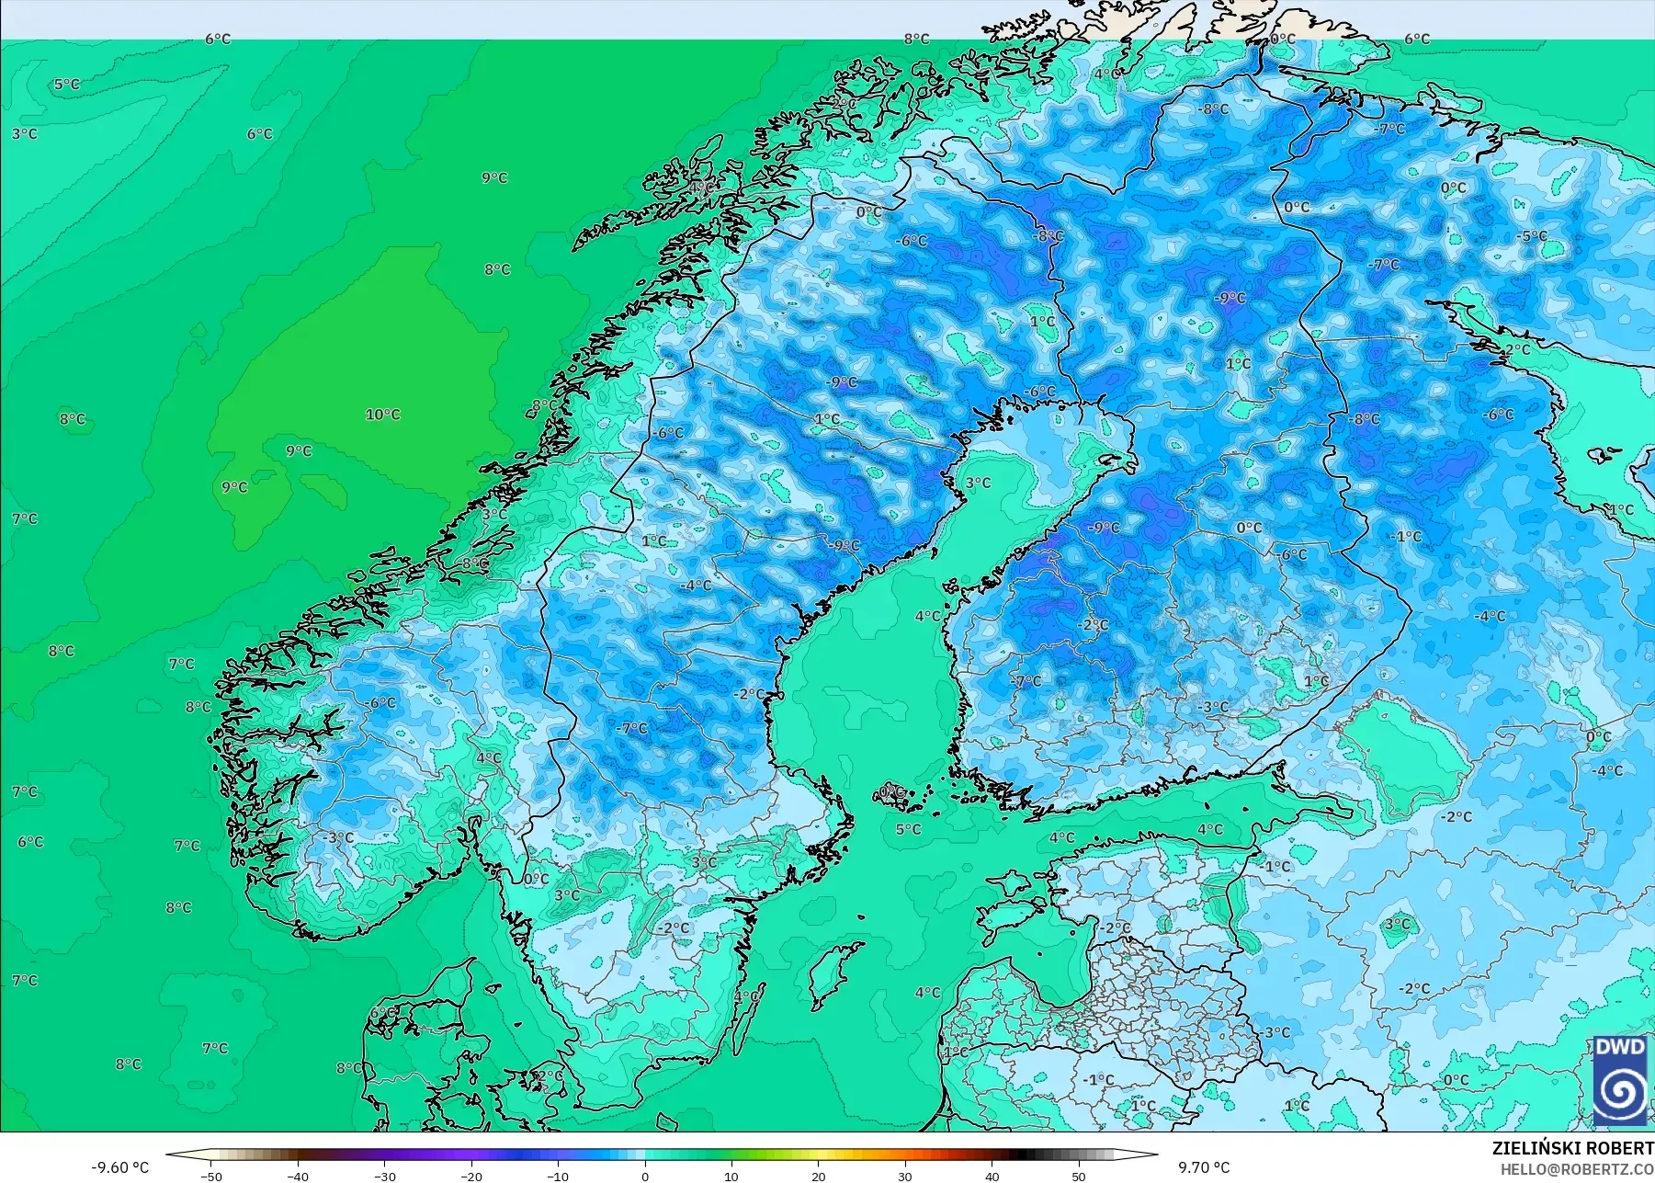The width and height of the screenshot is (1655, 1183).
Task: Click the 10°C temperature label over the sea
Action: pyautogui.click(x=382, y=415)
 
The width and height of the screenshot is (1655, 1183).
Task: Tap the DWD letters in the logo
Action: pyautogui.click(x=1620, y=1047)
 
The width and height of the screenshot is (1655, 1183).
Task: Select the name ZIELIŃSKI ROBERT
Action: pyautogui.click(x=1572, y=1148)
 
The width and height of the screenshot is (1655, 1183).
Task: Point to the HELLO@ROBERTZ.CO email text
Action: pyautogui.click(x=1577, y=1169)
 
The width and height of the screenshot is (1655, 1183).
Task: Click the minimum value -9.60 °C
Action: pyautogui.click(x=119, y=1167)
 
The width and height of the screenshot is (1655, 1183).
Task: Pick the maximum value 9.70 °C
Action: pyautogui.click(x=1204, y=1167)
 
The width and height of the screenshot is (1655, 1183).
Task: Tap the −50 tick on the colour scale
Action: pyautogui.click(x=210, y=1176)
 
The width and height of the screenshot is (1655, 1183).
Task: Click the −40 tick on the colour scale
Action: pyautogui.click(x=298, y=1176)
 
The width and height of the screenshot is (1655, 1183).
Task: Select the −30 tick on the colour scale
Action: pyautogui.click(x=384, y=1176)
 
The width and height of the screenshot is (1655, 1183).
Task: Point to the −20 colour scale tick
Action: pyautogui.click(x=471, y=1176)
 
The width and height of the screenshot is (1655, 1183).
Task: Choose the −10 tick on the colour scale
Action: pyautogui.click(x=558, y=1176)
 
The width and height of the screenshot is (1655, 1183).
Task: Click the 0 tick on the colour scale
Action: pyautogui.click(x=645, y=1176)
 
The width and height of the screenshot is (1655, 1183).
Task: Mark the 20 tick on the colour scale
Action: pyautogui.click(x=819, y=1176)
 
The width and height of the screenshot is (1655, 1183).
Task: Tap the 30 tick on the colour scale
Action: pyautogui.click(x=905, y=1176)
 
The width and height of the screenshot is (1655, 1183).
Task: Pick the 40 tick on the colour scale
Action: pyautogui.click(x=992, y=1176)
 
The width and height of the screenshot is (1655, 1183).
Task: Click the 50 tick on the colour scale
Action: pyautogui.click(x=1079, y=1176)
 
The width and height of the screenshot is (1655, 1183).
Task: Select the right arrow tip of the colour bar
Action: pyautogui.click(x=1155, y=1155)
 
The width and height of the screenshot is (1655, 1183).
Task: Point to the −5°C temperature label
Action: pyautogui.click(x=1532, y=236)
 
